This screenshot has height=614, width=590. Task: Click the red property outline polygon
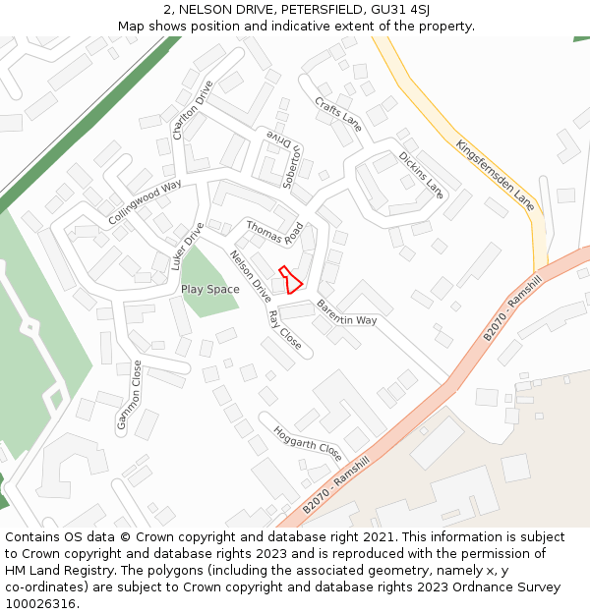(290, 280)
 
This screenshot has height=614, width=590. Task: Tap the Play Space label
(209, 290)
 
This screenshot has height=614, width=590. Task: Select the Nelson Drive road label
(251, 276)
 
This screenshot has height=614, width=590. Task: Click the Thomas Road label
(274, 233)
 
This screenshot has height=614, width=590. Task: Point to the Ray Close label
(285, 330)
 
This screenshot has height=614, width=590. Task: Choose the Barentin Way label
(346, 312)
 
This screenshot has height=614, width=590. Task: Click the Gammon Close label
(130, 395)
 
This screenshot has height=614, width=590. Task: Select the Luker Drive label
(187, 246)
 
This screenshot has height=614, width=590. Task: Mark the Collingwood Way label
(145, 202)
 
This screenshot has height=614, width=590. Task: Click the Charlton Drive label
(192, 109)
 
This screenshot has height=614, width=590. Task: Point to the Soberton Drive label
(288, 159)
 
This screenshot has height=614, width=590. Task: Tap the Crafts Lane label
(338, 114)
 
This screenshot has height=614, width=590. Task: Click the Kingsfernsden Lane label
(495, 175)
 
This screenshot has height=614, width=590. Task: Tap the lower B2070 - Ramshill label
(335, 484)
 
